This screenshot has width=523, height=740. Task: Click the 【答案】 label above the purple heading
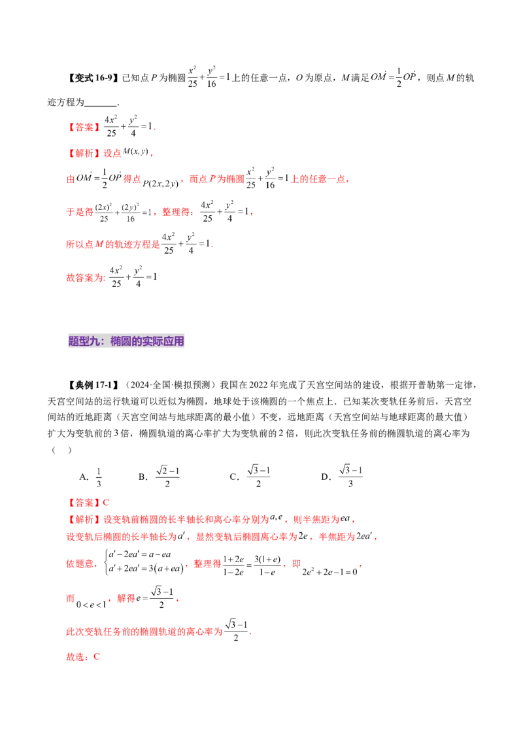84,128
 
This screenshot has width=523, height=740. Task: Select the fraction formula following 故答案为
131,275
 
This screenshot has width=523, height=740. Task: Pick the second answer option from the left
167,477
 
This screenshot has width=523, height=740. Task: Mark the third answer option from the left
260,475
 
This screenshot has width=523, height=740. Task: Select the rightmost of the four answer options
352,475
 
